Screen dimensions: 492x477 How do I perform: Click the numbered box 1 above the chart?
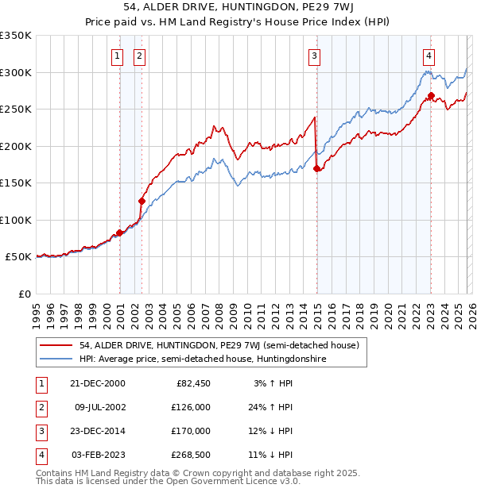tap(117, 56)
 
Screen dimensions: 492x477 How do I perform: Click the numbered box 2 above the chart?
tap(139, 56)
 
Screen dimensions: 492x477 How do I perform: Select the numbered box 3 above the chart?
tap(315, 56)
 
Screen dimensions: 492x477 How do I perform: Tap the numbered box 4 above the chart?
tap(429, 56)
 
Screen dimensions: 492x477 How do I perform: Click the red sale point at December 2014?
tap(317, 168)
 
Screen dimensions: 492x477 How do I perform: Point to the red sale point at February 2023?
tap(431, 96)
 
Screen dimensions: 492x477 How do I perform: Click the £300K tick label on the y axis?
tap(16, 72)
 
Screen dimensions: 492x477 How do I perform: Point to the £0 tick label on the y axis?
tap(25, 294)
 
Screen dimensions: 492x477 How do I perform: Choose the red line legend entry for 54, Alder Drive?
tap(219, 345)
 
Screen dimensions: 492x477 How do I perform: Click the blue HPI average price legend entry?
tap(203, 359)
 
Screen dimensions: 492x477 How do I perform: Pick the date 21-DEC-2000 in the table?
tap(97, 383)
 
